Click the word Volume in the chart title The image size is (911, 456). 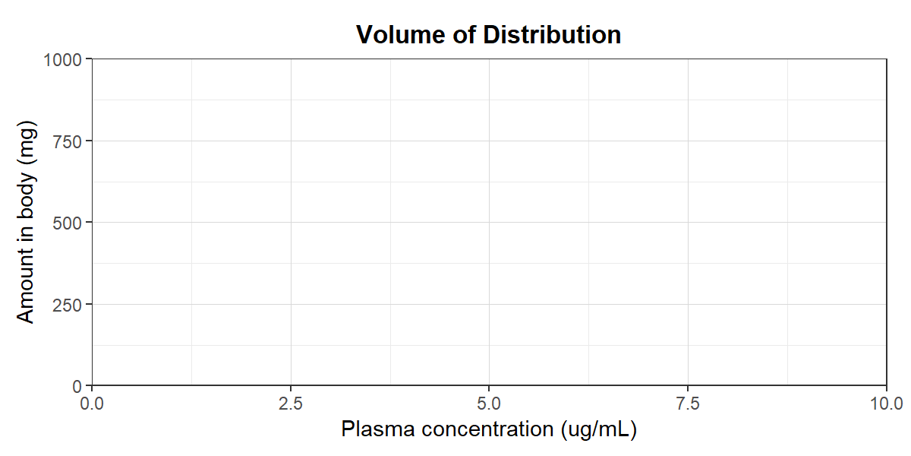(x=401, y=35)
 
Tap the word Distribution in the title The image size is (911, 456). (x=552, y=35)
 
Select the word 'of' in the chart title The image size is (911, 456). (x=464, y=35)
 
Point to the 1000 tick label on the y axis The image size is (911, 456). (x=62, y=60)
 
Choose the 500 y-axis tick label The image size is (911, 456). (x=67, y=223)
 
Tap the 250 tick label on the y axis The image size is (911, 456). (x=67, y=305)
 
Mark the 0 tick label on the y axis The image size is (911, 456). (x=77, y=386)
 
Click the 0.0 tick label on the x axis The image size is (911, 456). (x=92, y=404)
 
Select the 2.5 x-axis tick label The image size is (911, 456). (x=291, y=404)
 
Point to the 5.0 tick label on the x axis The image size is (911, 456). (x=489, y=404)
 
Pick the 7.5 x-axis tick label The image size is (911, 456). (x=688, y=404)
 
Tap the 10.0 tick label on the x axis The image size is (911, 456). (x=887, y=404)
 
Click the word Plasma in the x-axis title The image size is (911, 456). (x=378, y=429)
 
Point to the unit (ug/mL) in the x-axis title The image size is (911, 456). (x=598, y=430)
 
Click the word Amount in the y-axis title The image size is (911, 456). (x=25, y=290)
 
